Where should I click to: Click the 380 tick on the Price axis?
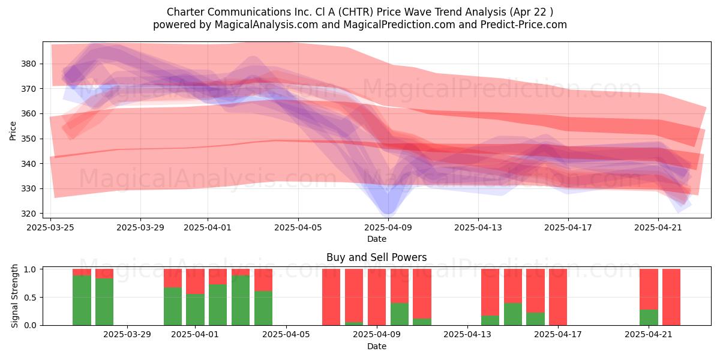click(x=29, y=64)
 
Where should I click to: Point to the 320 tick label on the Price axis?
click(x=29, y=214)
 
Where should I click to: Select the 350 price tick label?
click(x=29, y=139)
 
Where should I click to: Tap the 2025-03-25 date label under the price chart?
click(x=50, y=227)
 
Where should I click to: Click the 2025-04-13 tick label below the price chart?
click(x=478, y=227)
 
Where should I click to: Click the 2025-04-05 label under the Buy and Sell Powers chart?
click(x=286, y=335)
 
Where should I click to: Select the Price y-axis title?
click(x=13, y=131)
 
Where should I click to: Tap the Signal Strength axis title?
click(x=14, y=296)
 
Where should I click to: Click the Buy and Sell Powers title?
click(x=376, y=257)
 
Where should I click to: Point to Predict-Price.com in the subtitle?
click(x=524, y=25)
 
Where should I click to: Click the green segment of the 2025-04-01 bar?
click(x=196, y=310)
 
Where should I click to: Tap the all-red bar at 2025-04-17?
click(x=558, y=297)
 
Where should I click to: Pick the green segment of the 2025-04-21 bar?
click(x=649, y=317)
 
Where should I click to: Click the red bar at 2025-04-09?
click(x=377, y=297)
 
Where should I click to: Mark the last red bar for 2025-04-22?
click(x=671, y=297)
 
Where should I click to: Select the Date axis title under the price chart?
click(x=377, y=239)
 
